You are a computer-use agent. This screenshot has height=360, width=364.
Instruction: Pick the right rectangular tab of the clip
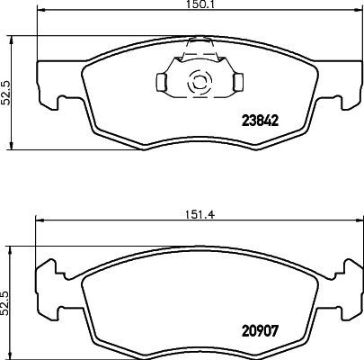click(x=237, y=84)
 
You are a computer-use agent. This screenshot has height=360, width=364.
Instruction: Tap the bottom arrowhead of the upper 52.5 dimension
click(x=12, y=148)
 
